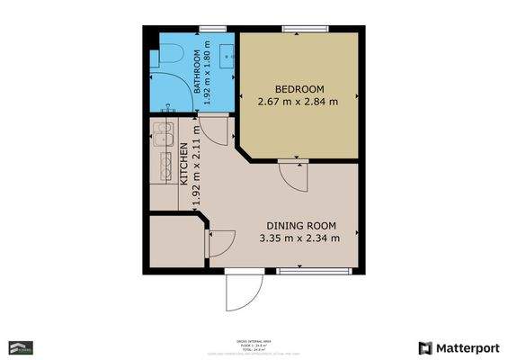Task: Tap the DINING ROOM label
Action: (300, 226)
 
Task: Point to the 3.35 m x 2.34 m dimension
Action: (300, 238)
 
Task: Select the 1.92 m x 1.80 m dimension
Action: (208, 73)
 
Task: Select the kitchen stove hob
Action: (166, 164)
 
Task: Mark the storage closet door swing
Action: (220, 242)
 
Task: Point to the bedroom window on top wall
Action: (300, 29)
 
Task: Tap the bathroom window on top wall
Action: (211, 29)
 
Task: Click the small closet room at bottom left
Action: (176, 241)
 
